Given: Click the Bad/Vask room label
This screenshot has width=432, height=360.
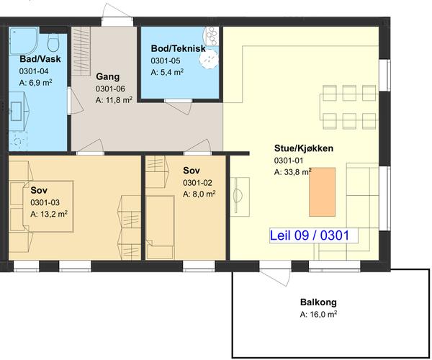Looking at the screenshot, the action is tap(40, 59).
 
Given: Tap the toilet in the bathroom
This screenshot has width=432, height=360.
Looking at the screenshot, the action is tap(53, 42).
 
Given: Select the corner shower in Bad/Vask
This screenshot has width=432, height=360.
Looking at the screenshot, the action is tap(23, 41).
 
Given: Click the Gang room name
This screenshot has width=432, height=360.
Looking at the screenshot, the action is tap(108, 77).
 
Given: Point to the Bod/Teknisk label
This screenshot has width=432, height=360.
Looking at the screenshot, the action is tap(179, 48).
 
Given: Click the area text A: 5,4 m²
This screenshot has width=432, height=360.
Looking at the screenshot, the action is tap(167, 72).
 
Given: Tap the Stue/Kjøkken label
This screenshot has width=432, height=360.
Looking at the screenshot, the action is tap(304, 148).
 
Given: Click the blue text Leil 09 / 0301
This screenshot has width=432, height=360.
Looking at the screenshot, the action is tap(310, 235).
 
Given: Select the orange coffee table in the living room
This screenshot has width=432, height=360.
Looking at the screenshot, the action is tap(322, 192).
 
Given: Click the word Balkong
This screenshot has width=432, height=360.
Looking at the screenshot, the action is tap(318, 302).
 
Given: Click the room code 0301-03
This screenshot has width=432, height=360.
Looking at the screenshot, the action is tap(45, 202).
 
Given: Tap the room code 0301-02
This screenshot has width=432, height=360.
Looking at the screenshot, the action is tap(197, 183).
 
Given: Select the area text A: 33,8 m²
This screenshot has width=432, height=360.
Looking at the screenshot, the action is tap(293, 172).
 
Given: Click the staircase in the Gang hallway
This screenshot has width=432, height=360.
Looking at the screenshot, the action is tap(81, 51).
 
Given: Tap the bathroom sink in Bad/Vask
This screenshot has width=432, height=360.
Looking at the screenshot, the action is tap(17, 112).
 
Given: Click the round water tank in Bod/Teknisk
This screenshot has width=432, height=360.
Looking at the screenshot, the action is tap(208, 59).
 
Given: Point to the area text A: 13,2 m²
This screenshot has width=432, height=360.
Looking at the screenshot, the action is tap(49, 214).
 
